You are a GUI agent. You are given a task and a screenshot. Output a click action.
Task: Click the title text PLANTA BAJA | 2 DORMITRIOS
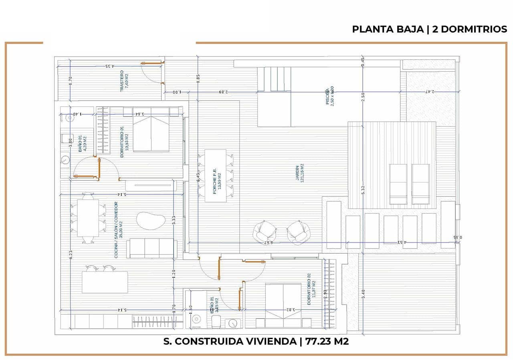click(x=429, y=29)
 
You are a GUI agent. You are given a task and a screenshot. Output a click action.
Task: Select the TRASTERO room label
click(x=124, y=82)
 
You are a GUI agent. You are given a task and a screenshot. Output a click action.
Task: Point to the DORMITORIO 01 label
click(x=124, y=142)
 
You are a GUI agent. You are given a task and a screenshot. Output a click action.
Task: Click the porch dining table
click(x=215, y=176)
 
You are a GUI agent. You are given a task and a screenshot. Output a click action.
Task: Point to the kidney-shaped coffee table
click(x=151, y=220)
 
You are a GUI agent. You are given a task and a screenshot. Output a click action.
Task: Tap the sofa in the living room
click(x=152, y=248)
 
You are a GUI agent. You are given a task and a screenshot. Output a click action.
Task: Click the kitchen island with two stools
click(x=105, y=282)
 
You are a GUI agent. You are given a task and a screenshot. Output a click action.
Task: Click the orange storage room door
click(x=153, y=63)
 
